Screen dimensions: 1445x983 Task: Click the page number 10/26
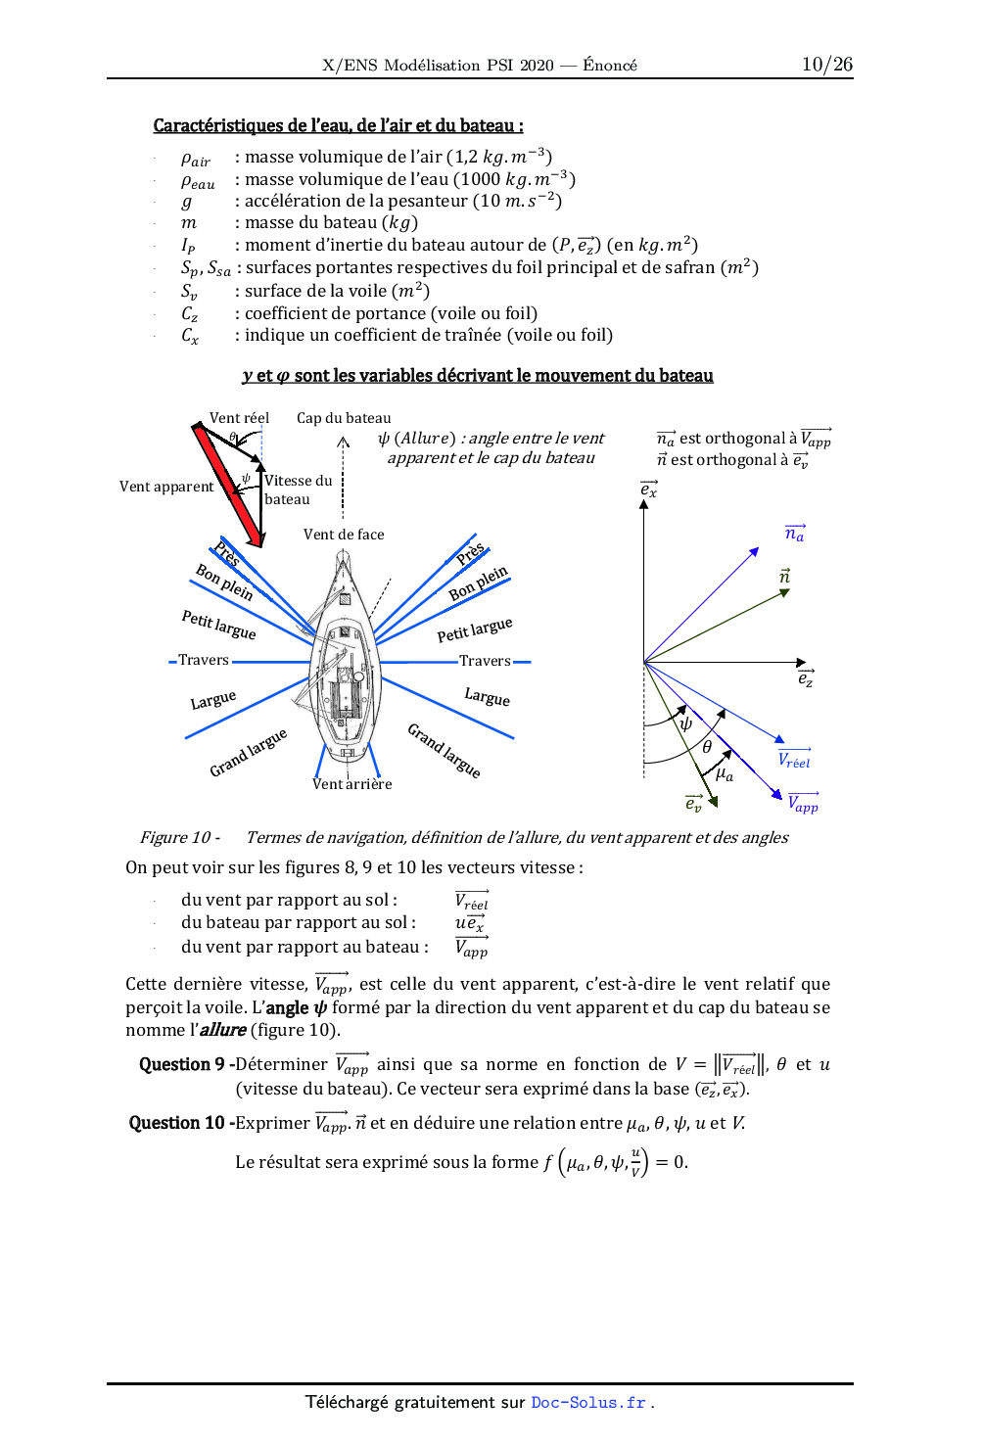click(x=826, y=65)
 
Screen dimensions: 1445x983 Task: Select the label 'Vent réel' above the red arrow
click(x=239, y=418)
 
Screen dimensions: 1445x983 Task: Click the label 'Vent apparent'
click(x=166, y=487)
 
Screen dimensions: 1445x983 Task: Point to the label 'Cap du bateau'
click(x=344, y=418)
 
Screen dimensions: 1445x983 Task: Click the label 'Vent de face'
click(x=344, y=535)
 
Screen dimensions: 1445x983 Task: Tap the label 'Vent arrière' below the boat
click(x=351, y=784)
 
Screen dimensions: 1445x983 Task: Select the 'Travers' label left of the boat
click(x=204, y=660)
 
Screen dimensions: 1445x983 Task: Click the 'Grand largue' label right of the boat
click(x=445, y=751)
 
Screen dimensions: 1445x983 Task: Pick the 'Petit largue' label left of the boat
click(x=218, y=625)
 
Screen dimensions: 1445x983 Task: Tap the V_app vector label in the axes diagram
click(x=803, y=804)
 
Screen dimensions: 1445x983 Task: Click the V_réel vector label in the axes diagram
click(x=794, y=760)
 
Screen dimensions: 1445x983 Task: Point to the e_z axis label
click(x=805, y=677)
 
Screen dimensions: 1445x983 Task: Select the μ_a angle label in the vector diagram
click(x=725, y=774)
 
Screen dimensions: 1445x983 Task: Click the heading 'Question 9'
click(x=181, y=1064)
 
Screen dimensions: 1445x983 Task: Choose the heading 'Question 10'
click(x=177, y=1123)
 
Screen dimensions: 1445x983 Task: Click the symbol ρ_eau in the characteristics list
click(x=197, y=181)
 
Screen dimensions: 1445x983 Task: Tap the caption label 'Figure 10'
click(x=175, y=837)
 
